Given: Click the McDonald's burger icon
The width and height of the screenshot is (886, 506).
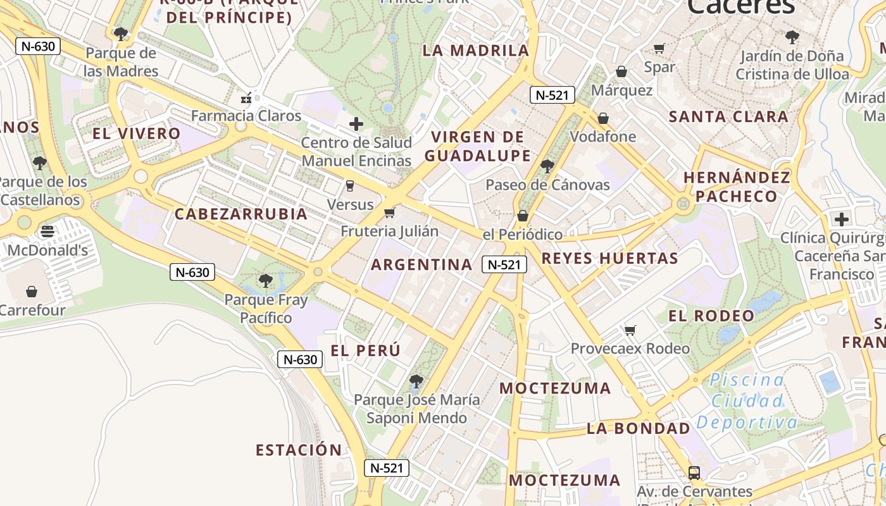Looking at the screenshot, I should click(47, 231).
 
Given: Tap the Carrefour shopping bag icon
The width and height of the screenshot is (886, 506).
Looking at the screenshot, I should click(32, 292).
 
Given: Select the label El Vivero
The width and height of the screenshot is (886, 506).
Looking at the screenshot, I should click(137, 133).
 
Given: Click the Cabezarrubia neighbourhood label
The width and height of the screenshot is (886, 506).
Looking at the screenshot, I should click(241, 214).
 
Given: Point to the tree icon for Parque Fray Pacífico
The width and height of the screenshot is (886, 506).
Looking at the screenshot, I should click(266, 280).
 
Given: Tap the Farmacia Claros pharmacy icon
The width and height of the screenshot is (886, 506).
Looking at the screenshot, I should click(246, 98).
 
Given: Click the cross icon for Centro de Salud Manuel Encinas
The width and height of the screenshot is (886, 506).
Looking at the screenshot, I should click(356, 124).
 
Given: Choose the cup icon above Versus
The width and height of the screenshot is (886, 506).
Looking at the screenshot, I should click(349, 186).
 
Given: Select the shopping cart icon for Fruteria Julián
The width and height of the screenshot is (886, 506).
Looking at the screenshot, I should click(390, 213).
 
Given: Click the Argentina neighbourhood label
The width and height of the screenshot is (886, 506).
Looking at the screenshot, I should click(421, 264).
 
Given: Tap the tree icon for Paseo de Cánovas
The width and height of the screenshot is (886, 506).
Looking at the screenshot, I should click(547, 166).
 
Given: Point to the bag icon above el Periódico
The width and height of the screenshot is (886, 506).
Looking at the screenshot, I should click(523, 216).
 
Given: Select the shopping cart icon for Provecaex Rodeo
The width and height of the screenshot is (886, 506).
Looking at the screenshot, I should click(630, 330).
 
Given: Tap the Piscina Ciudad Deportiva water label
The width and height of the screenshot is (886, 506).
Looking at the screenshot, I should click(747, 401).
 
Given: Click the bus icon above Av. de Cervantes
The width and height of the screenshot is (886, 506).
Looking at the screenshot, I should click(694, 472).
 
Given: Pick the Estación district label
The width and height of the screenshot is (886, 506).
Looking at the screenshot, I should click(299, 450).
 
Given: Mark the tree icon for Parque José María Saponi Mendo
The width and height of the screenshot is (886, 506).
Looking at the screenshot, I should click(416, 381).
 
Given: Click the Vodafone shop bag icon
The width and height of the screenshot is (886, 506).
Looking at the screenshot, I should click(603, 118).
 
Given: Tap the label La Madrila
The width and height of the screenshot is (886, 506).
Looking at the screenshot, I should click(475, 51).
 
